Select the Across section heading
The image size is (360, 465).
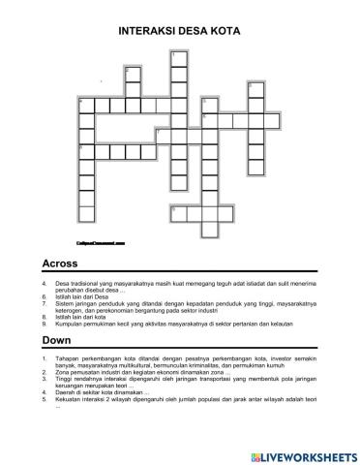pyautogui.click(x=61, y=263)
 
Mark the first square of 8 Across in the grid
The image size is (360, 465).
pyautogui.click(x=177, y=209)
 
